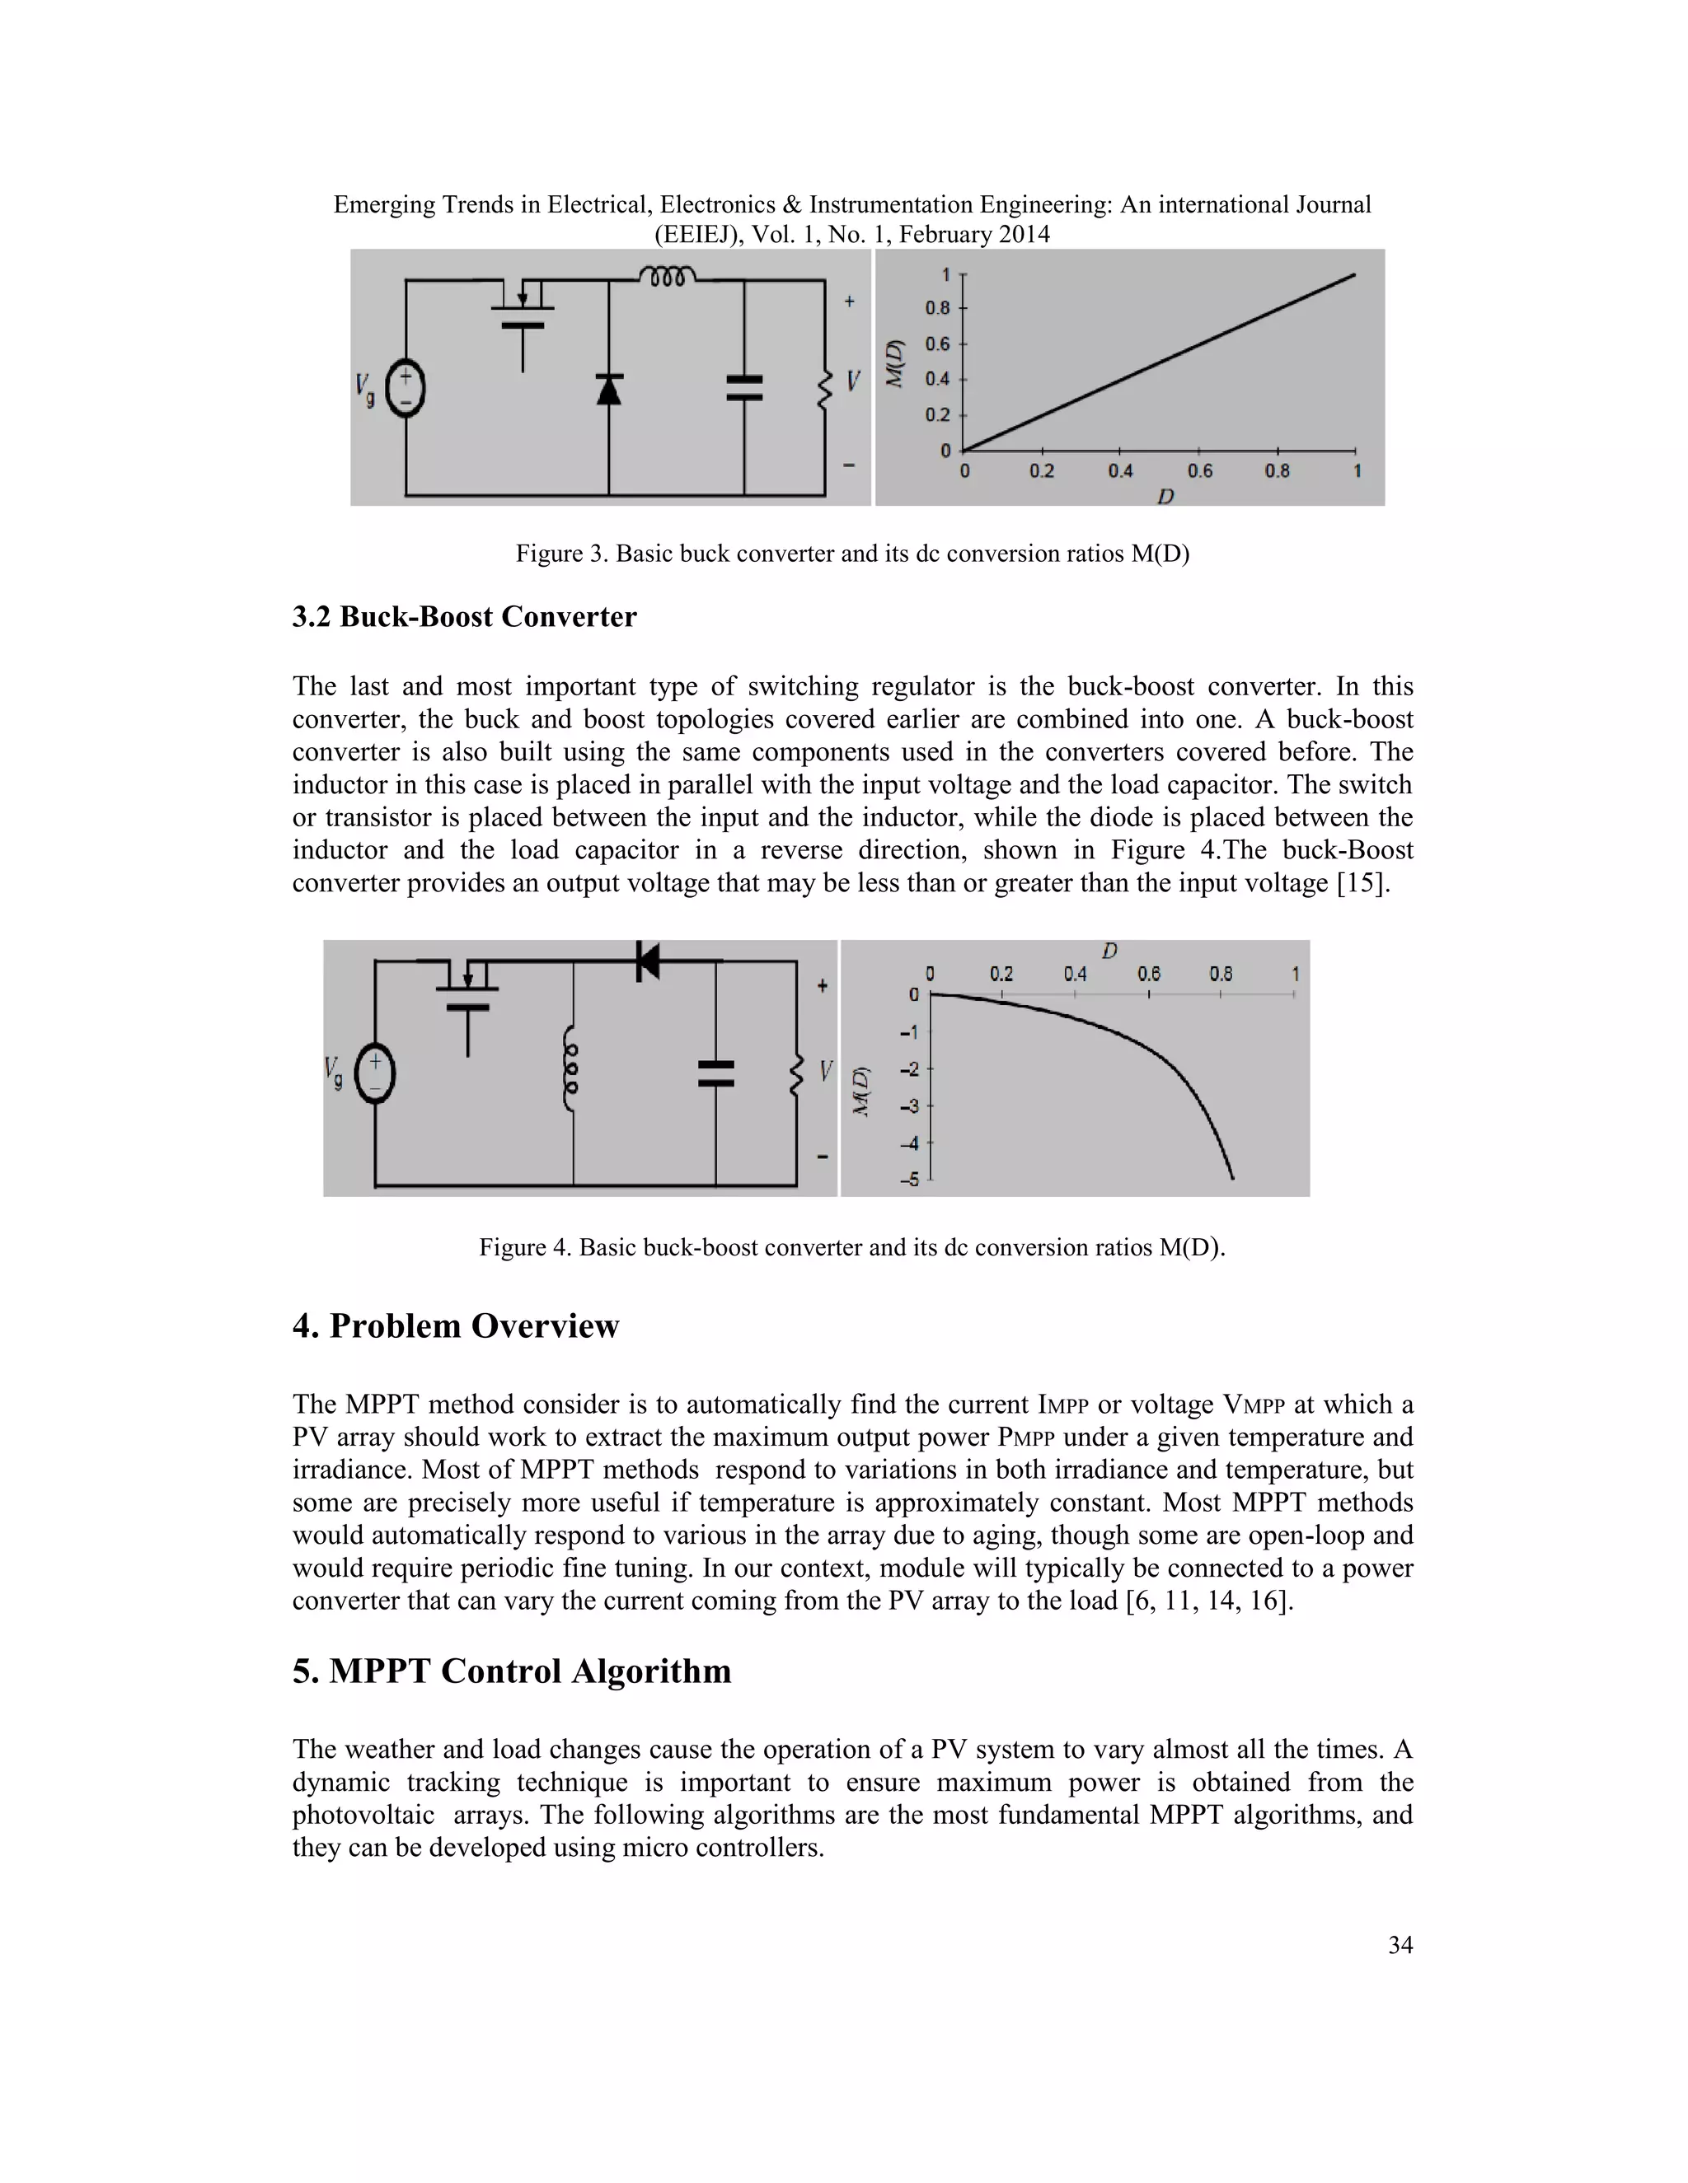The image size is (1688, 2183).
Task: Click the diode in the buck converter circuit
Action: [608, 388]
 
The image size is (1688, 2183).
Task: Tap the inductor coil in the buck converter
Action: [667, 276]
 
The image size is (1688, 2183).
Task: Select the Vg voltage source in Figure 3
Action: [406, 389]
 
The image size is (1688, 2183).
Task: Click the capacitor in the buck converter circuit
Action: [744, 388]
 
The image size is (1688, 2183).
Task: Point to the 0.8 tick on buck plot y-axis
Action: [937, 308]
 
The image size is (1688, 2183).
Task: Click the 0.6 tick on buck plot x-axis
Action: [1199, 470]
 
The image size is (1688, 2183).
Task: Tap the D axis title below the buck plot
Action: [1165, 496]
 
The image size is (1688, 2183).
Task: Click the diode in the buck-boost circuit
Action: [647, 961]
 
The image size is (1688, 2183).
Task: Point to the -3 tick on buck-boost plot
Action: [909, 1106]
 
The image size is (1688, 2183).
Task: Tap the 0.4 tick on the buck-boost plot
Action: [1075, 974]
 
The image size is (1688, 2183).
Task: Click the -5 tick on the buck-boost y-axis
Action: [909, 1180]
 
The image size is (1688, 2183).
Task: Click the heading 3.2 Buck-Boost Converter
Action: [464, 617]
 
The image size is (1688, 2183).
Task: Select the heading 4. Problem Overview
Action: [456, 1326]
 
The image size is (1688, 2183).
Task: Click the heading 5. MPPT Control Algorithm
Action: [511, 1671]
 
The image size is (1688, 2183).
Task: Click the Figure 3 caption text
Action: [852, 554]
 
